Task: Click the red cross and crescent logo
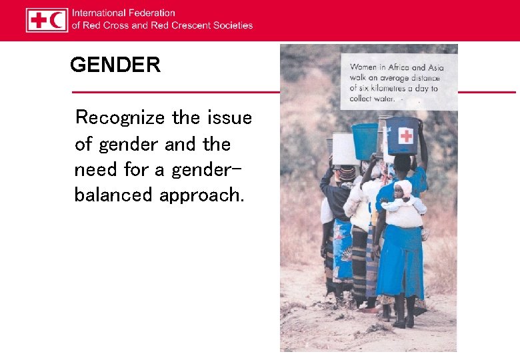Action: pyautogui.click(x=47, y=20)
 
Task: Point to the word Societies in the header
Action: pyautogui.click(x=233, y=25)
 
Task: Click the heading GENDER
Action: pyautogui.click(x=115, y=65)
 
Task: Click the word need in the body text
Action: pyautogui.click(x=95, y=169)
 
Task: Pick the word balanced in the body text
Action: pyautogui.click(x=114, y=195)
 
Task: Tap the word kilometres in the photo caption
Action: pyautogui.click(x=397, y=88)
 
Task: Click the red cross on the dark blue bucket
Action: pyautogui.click(x=405, y=136)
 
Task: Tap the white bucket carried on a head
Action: pyautogui.click(x=345, y=149)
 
